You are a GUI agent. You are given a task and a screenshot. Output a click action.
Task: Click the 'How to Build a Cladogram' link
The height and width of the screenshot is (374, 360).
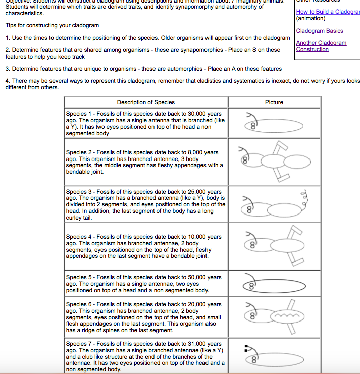pos(328,12)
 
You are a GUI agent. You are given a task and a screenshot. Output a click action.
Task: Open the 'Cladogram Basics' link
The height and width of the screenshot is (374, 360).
pos(319,31)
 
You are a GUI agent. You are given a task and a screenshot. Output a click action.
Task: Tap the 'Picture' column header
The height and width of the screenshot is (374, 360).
pos(274,102)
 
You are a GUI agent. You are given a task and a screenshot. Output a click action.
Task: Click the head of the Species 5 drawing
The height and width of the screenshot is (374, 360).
pos(250,285)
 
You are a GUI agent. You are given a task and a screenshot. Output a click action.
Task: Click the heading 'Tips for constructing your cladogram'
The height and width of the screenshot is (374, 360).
pos(52,25)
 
